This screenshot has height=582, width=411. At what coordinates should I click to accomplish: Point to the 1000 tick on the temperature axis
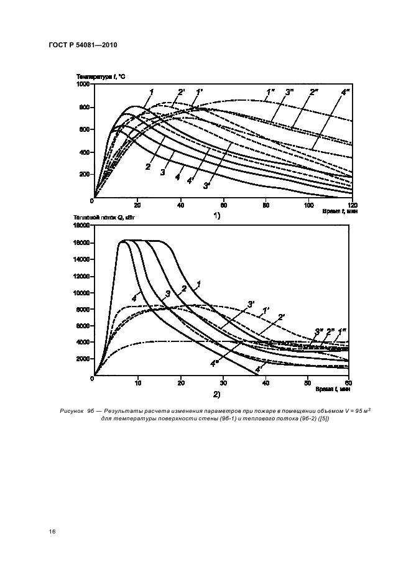point(83,84)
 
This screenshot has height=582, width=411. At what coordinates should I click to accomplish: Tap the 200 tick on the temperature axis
point(85,175)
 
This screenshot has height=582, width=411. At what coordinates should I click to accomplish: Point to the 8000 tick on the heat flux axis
point(83,310)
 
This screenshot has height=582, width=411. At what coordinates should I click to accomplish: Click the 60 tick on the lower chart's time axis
point(348,384)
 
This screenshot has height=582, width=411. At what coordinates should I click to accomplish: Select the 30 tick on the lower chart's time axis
point(223,384)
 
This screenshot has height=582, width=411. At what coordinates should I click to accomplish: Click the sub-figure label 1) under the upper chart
point(217,215)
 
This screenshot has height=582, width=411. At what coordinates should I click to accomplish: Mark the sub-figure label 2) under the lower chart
point(217,394)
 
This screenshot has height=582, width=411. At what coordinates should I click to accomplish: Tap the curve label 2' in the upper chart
point(181,93)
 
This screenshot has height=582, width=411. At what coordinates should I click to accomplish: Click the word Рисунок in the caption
point(73,411)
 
